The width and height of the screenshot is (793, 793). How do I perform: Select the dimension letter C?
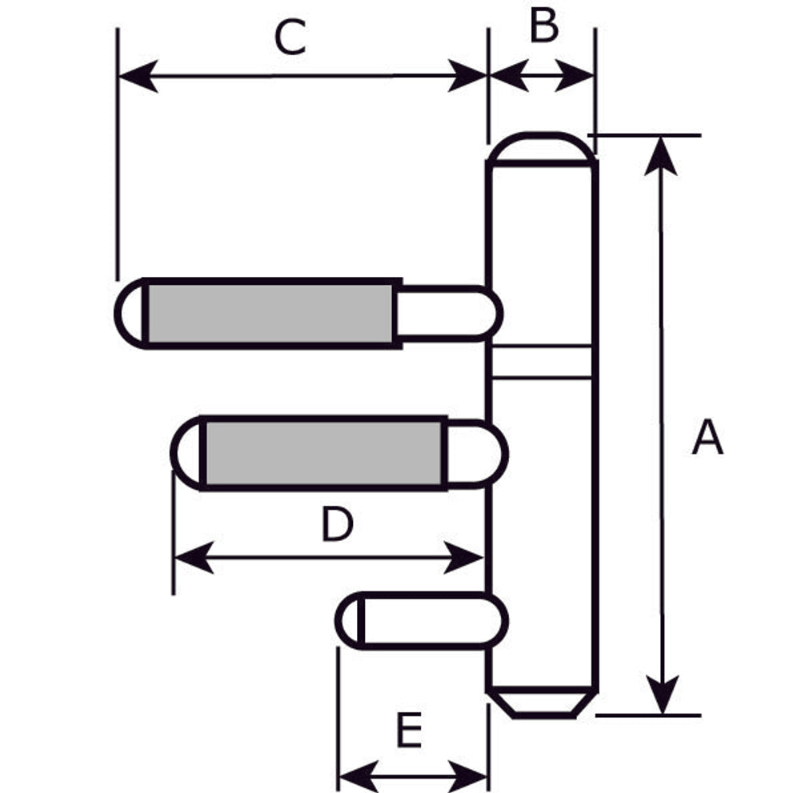pos(290,38)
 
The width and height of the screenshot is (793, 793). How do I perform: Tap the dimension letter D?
pos(337,526)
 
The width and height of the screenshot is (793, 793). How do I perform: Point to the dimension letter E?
pos(409,730)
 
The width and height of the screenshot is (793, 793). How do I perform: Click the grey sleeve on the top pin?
pos(270,313)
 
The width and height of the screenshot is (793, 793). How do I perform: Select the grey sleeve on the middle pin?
pos(323,452)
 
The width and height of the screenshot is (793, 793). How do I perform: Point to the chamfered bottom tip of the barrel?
pos(543,702)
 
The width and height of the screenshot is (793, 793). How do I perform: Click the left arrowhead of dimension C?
pos(136,77)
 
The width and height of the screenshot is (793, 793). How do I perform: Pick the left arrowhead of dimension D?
pos(192,556)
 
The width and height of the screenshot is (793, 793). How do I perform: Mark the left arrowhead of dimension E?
pos(355,775)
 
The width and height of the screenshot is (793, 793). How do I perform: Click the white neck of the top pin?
pos(444,313)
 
